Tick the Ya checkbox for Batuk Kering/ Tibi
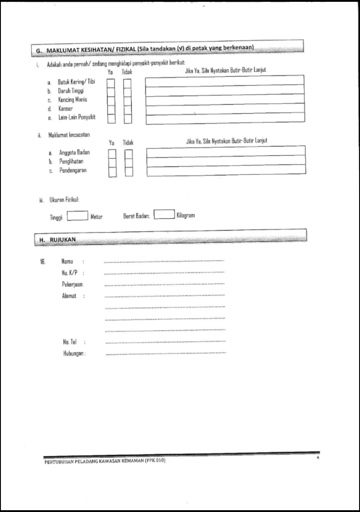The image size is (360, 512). click(111, 83)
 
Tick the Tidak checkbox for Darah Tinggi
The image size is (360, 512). click(127, 92)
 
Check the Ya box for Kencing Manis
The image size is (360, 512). click(111, 101)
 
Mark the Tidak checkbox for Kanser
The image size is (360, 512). click(127, 109)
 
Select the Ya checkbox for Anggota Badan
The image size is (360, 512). click(113, 154)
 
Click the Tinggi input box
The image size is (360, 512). click(77, 216)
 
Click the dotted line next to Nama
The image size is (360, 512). click(164, 261)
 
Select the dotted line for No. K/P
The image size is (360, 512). click(164, 273)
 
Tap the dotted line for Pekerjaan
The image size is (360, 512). click(164, 285)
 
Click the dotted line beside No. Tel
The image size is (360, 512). click(165, 342)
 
